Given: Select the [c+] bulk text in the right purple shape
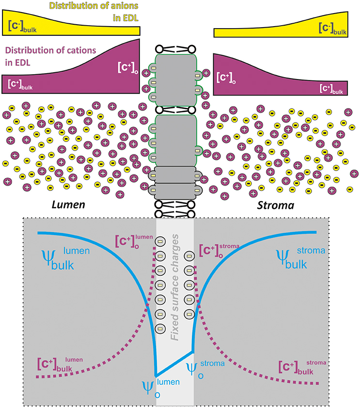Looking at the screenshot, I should tap(331, 88).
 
